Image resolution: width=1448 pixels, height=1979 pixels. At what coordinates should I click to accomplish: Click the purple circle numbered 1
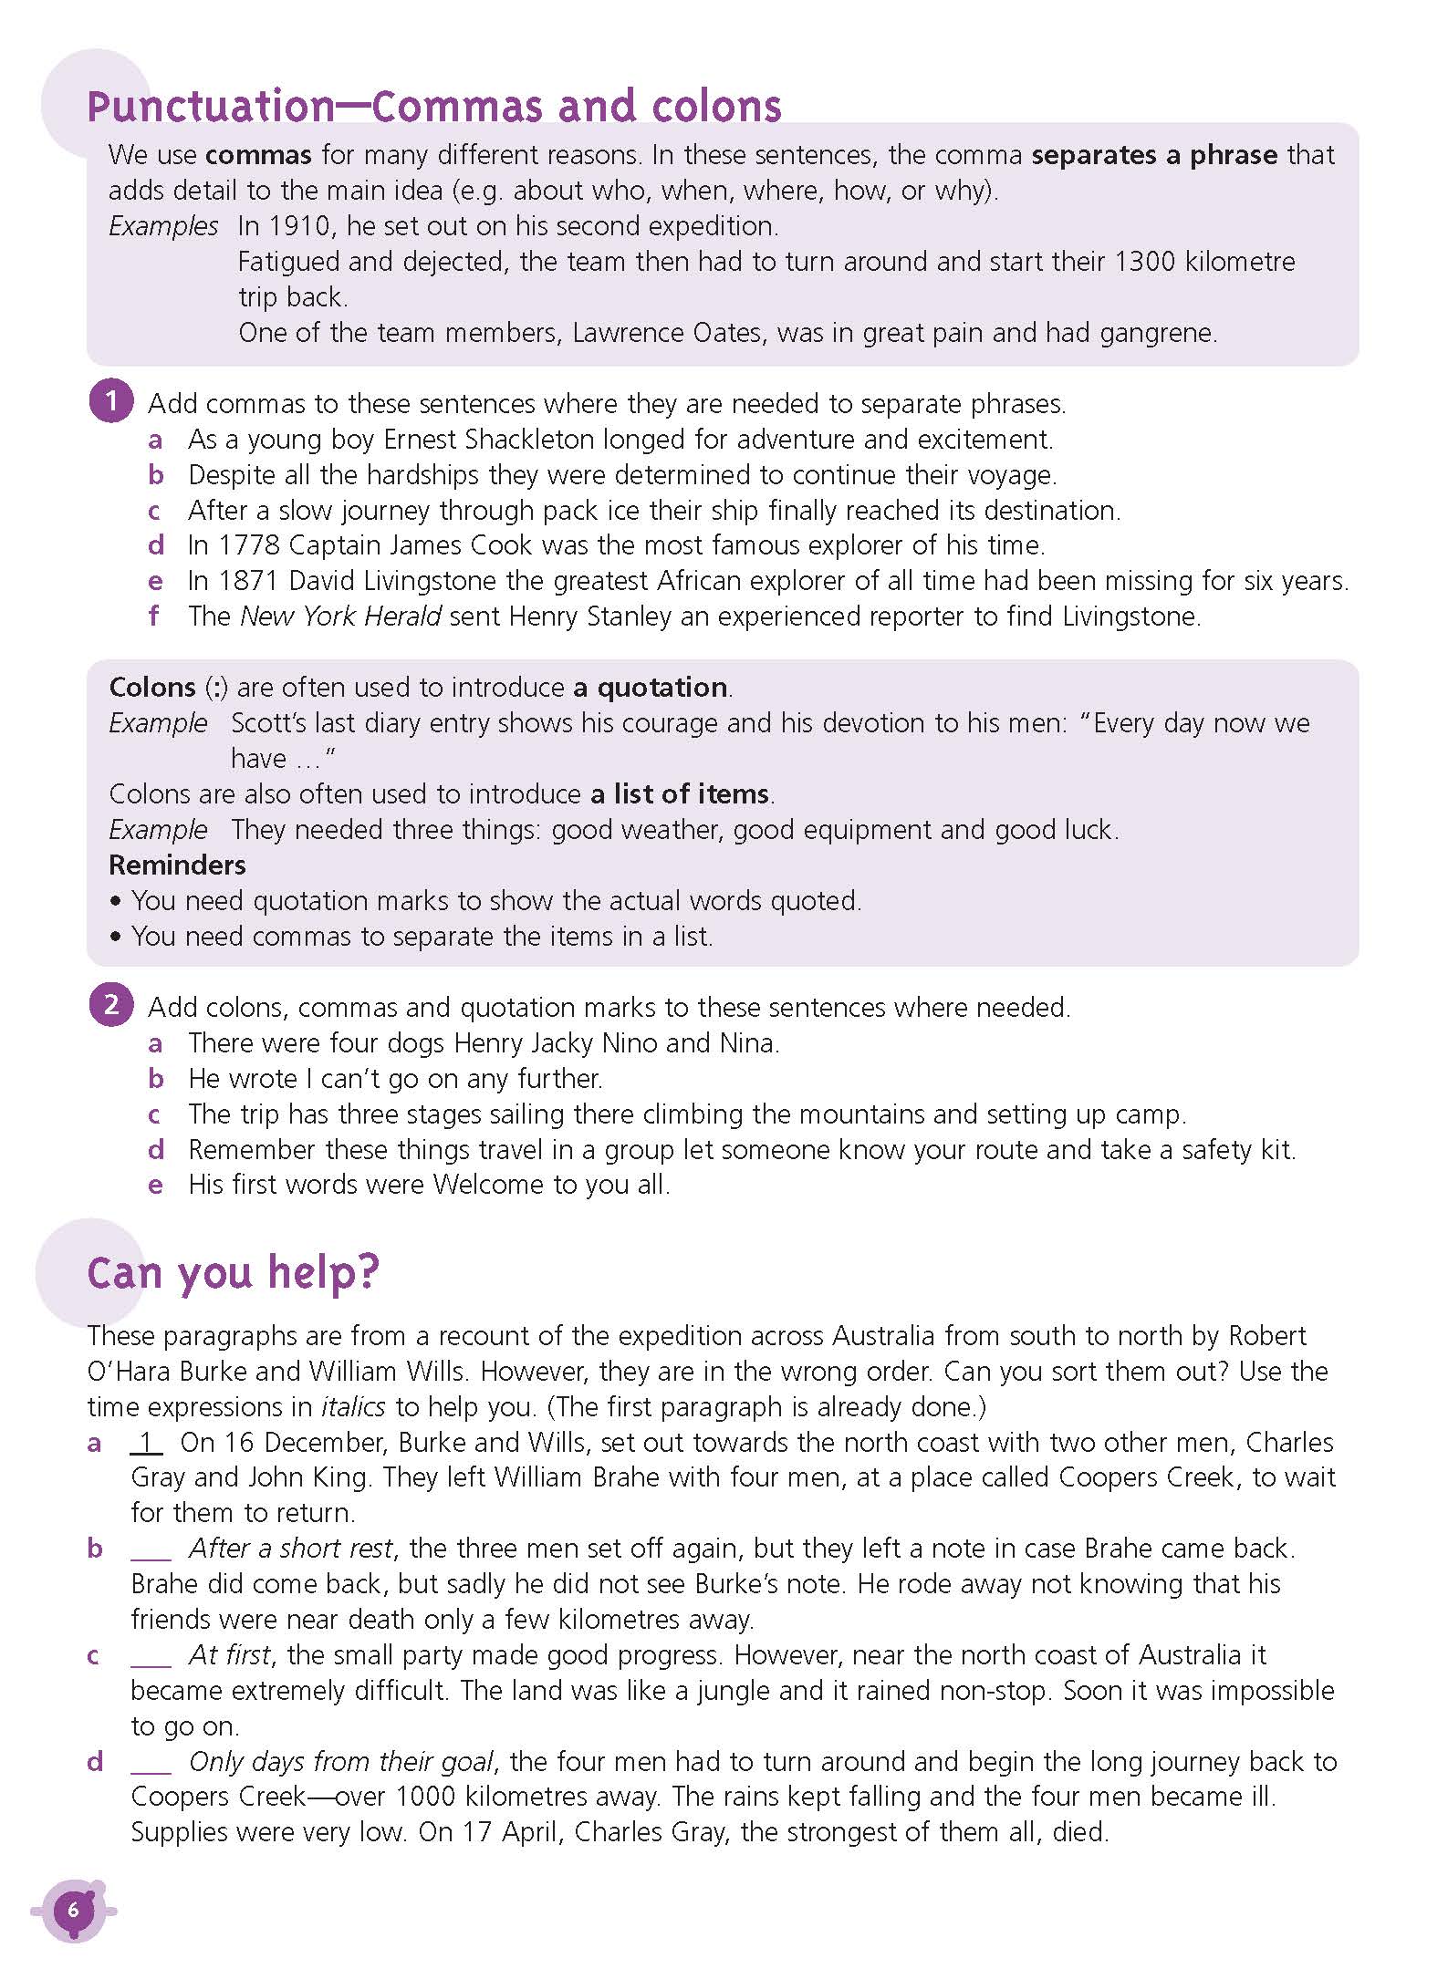(111, 401)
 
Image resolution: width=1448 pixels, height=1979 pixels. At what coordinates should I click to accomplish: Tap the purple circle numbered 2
(111, 1005)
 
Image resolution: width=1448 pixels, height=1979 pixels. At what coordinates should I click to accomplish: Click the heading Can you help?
(233, 1272)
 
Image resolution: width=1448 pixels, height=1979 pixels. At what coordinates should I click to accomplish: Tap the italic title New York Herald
(340, 616)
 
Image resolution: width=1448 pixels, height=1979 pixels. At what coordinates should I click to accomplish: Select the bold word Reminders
(177, 865)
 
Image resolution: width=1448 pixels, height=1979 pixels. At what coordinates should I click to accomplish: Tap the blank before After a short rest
(151, 1549)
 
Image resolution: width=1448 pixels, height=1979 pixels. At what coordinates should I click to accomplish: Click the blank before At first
(151, 1655)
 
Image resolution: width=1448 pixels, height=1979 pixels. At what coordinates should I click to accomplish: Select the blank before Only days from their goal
(151, 1762)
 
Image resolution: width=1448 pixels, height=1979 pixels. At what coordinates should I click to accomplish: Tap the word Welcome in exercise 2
(488, 1185)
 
